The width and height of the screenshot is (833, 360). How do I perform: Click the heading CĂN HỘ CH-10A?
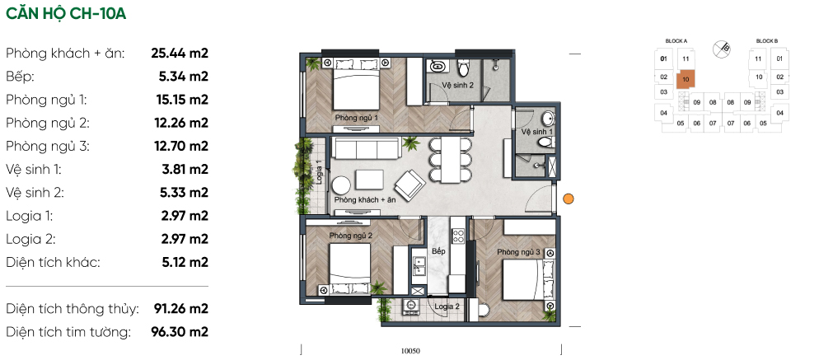(66, 14)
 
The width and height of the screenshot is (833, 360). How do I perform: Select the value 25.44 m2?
(180, 53)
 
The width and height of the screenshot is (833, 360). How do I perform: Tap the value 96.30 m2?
(180, 332)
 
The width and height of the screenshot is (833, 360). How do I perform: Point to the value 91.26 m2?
(180, 309)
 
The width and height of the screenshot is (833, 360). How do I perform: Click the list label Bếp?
(21, 77)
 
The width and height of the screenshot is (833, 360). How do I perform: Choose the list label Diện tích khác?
(53, 262)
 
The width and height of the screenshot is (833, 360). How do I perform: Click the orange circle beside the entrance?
(568, 199)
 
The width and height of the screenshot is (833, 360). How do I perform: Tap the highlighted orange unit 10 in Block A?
(686, 80)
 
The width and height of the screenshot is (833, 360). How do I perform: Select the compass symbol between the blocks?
(722, 49)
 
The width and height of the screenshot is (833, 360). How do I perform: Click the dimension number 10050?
(410, 350)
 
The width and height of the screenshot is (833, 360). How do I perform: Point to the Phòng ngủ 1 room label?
(356, 117)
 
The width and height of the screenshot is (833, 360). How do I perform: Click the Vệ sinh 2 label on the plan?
(458, 85)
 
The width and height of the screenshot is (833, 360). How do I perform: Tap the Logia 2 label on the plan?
(447, 306)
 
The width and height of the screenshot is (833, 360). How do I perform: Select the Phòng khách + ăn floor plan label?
(366, 200)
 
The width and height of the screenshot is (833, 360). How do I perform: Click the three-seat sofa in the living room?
(365, 148)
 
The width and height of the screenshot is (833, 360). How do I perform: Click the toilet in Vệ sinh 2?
(464, 68)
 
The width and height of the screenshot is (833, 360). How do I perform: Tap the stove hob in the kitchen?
(457, 234)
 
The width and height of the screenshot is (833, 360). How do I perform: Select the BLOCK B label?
(767, 41)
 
